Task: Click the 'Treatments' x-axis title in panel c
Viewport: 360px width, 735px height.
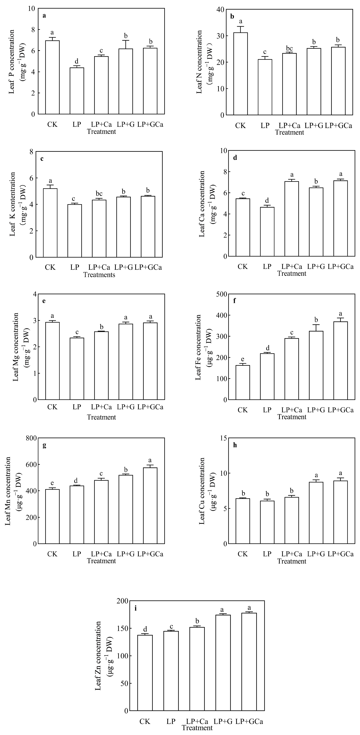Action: pyautogui.click(x=99, y=275)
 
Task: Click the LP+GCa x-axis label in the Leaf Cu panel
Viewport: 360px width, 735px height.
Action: pyautogui.click(x=341, y=554)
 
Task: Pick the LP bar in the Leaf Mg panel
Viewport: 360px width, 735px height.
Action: pyautogui.click(x=77, y=369)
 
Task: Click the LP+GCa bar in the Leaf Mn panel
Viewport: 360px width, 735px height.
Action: pyautogui.click(x=150, y=506)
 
